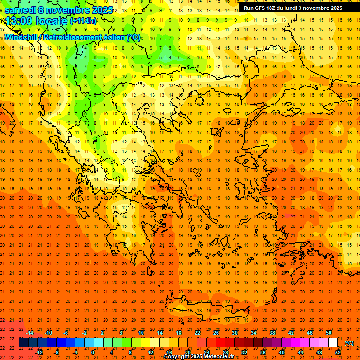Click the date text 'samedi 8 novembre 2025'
pos(59,10)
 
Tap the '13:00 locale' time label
pos(36,21)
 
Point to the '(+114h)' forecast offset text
pos(83,21)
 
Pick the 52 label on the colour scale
pos(338,352)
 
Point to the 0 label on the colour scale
pos(93,352)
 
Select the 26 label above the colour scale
pos(216,333)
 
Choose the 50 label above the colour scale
pos(329,333)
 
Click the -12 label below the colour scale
pos(39,352)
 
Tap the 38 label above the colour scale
pos(272,333)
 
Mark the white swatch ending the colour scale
pos(333,343)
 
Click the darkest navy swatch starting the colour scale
pos(23,343)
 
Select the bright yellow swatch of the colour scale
pos(146,343)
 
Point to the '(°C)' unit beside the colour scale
pos(349,343)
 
